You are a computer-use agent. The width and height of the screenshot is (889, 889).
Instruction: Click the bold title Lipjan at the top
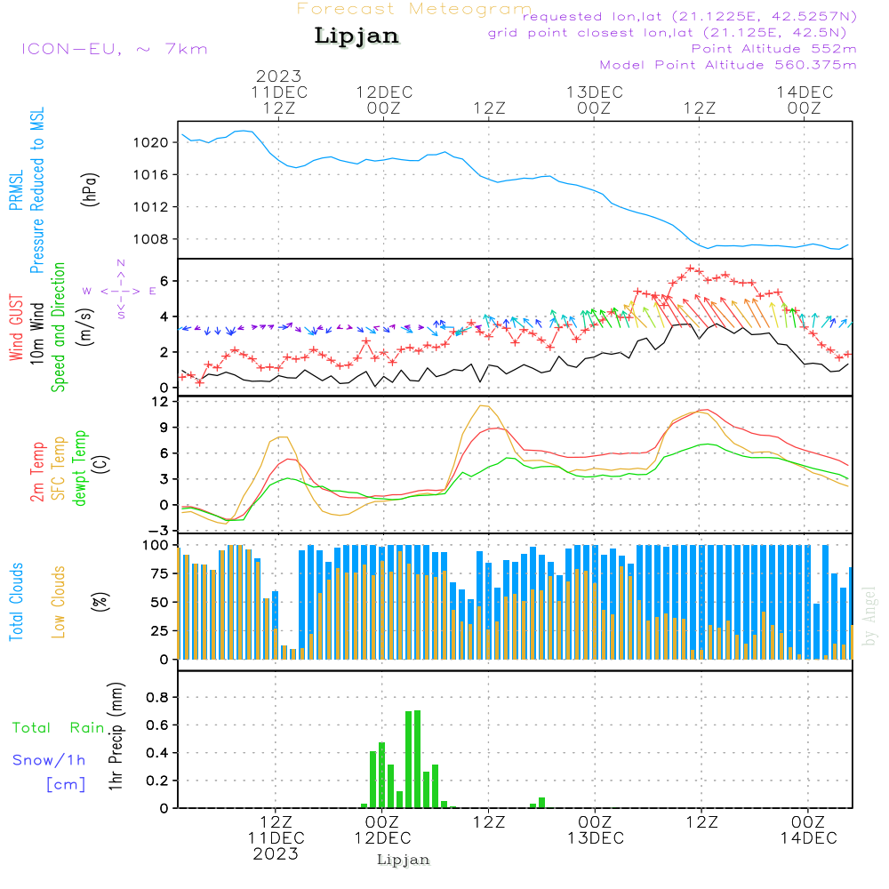pos(356,36)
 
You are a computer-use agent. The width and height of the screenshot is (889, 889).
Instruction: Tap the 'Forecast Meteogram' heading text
pos(413,9)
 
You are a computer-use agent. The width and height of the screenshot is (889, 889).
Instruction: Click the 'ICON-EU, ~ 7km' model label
pos(114,48)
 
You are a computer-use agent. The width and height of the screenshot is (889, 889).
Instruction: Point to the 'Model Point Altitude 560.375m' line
pos(727,65)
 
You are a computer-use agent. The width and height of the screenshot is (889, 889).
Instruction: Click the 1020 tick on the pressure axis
pos(152,142)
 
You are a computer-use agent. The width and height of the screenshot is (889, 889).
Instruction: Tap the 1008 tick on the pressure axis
pos(152,239)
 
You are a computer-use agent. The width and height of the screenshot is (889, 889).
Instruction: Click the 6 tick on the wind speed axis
pos(164,281)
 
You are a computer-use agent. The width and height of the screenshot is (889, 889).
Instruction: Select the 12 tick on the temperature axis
pos(161,402)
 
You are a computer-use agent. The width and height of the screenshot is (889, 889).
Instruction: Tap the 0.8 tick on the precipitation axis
pos(157,697)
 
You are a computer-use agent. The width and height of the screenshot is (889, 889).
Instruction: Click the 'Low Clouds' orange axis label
pos(59,602)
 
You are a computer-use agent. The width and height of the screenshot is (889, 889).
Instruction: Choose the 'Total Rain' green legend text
pos(59,728)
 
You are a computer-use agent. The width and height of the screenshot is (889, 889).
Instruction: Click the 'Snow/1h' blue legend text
pos(49,760)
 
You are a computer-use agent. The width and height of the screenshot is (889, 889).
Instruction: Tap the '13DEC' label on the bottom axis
pos(595,838)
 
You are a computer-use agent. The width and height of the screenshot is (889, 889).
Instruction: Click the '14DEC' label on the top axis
pos(804,92)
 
